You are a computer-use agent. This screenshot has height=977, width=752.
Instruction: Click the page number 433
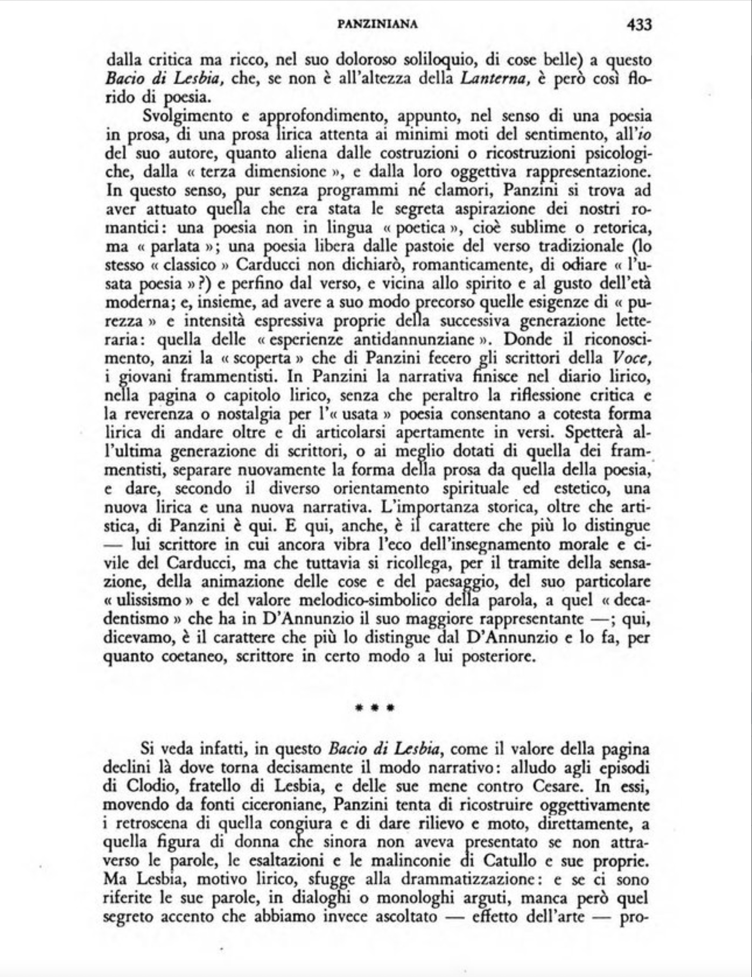(639, 24)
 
